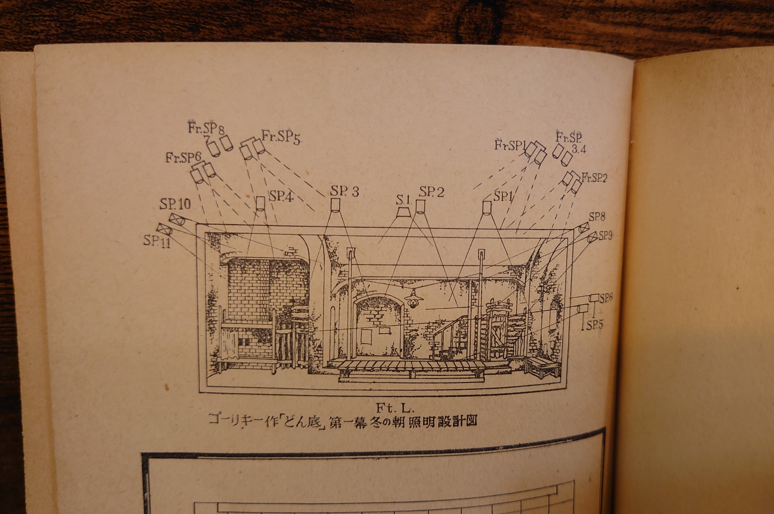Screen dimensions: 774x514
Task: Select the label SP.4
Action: click(x=281, y=196)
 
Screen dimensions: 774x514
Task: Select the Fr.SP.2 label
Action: click(x=594, y=178)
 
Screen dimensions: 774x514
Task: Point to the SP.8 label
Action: click(x=597, y=217)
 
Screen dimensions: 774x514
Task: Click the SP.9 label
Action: click(x=605, y=236)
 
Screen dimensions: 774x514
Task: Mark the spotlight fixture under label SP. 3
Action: click(x=336, y=206)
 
